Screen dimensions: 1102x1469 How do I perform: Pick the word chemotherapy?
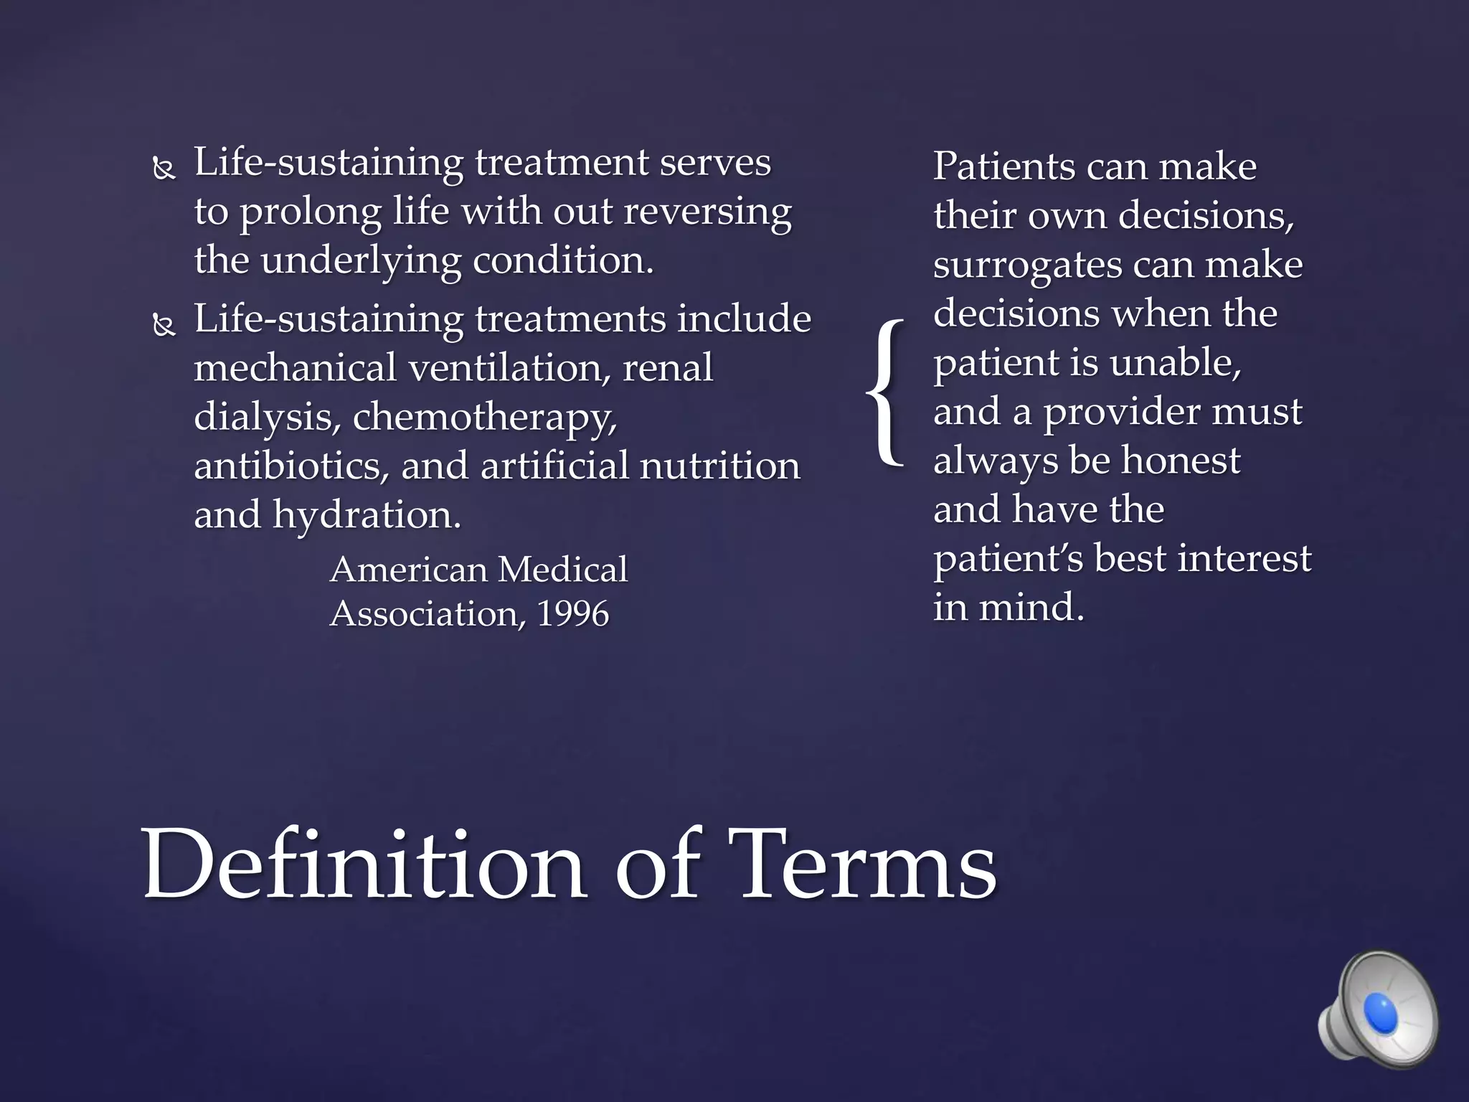(x=485, y=416)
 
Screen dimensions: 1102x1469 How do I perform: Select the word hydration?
(x=367, y=514)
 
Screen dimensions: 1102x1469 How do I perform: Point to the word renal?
(x=668, y=367)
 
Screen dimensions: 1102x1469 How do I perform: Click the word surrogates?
(x=1027, y=265)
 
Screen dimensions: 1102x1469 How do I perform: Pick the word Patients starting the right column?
(x=1003, y=166)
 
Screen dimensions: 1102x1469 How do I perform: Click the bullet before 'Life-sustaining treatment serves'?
(x=164, y=169)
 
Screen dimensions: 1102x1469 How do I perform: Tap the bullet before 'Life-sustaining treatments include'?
(x=164, y=326)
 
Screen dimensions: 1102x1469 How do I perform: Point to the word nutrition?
(x=719, y=465)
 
